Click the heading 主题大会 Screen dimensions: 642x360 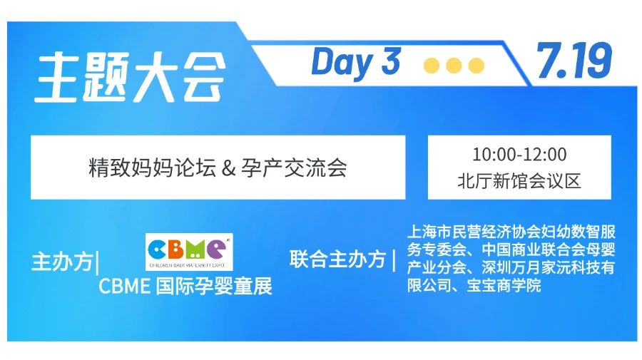click(x=131, y=77)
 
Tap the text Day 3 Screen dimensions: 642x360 click(x=355, y=62)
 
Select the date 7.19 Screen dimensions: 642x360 click(x=574, y=61)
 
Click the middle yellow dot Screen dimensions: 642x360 click(x=454, y=66)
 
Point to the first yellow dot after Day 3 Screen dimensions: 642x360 click(x=431, y=66)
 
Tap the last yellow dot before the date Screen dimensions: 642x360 click(x=477, y=66)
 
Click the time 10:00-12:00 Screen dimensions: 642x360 click(x=519, y=155)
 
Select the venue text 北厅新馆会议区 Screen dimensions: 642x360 click(x=519, y=181)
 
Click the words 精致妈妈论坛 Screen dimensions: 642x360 click(x=153, y=168)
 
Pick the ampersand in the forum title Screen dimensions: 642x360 click(x=228, y=168)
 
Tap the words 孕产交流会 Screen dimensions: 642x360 click(x=294, y=168)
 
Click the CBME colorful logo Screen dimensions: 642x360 click(x=189, y=252)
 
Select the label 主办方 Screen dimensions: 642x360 click(x=62, y=262)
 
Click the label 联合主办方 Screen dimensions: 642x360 click(x=338, y=259)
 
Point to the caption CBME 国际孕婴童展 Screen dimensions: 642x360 click(x=185, y=286)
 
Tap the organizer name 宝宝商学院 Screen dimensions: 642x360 click(x=504, y=285)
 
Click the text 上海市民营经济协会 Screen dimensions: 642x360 click(x=474, y=232)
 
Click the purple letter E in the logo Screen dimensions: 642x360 click(x=215, y=248)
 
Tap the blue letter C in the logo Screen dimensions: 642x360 click(x=157, y=249)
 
